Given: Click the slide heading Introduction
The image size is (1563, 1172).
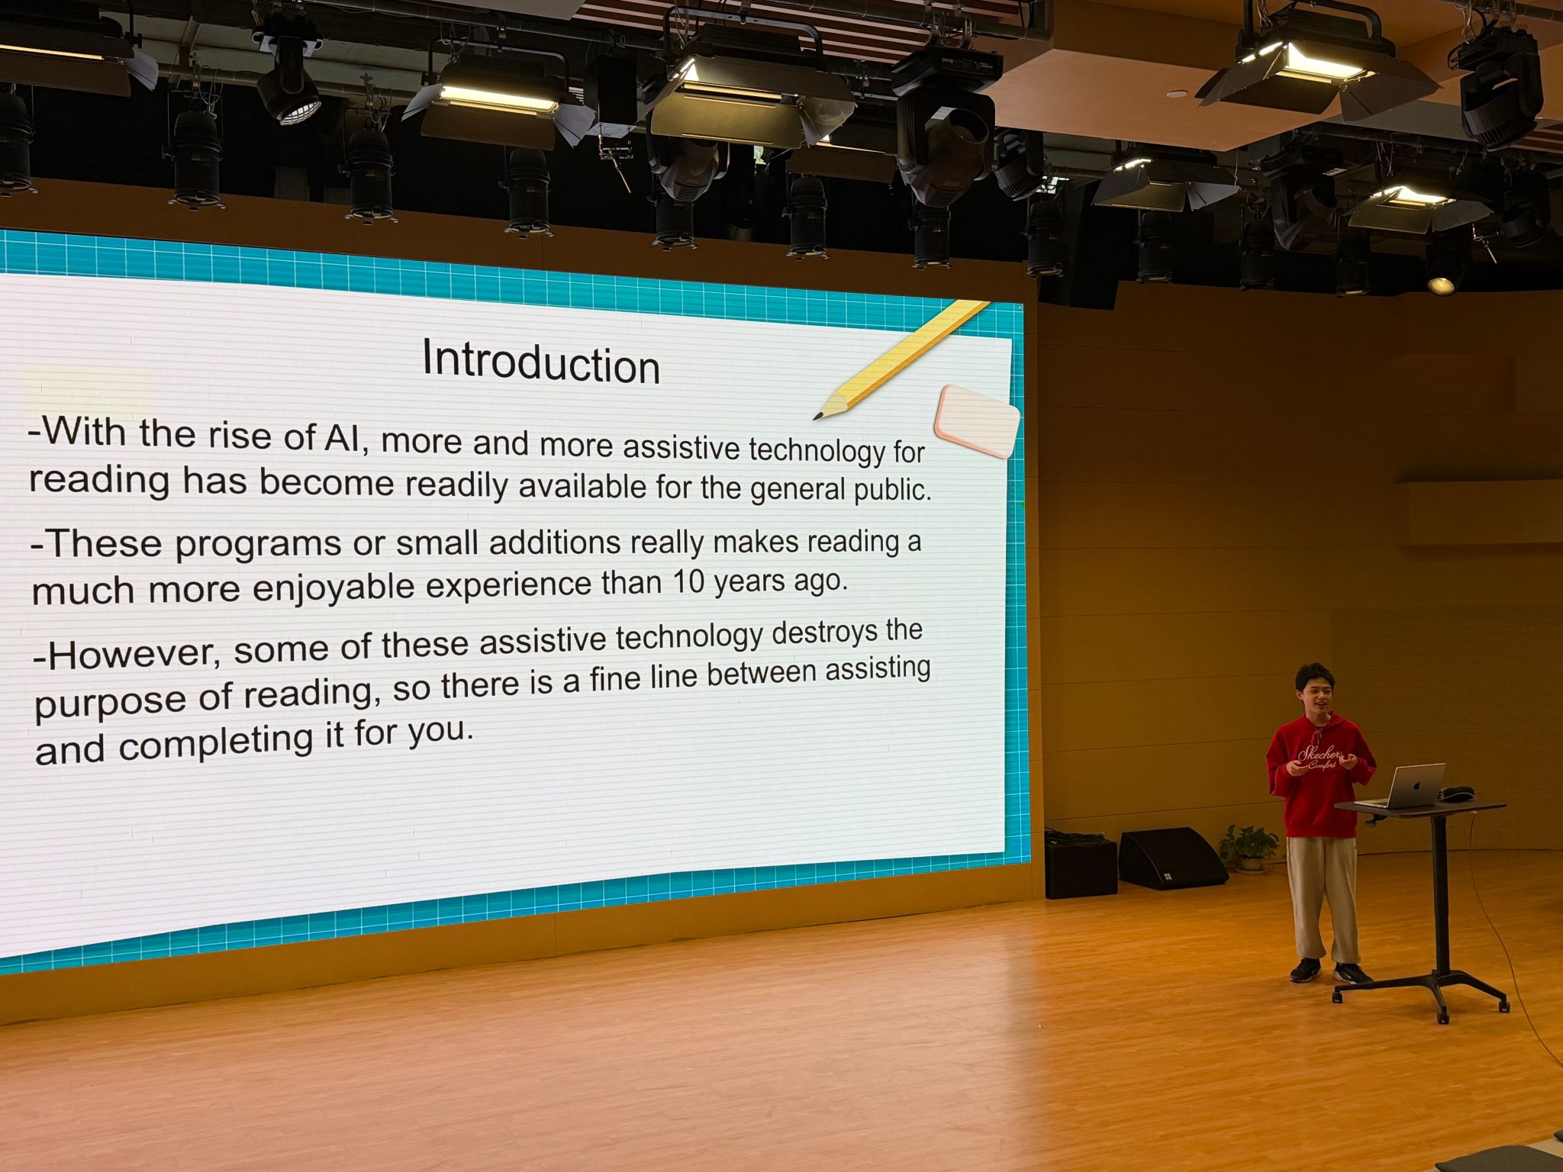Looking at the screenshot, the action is [x=541, y=362].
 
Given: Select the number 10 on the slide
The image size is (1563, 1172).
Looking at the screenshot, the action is [x=688, y=582].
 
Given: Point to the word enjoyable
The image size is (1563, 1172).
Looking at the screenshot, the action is [x=334, y=588].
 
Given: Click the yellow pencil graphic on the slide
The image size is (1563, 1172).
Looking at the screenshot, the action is [x=901, y=359].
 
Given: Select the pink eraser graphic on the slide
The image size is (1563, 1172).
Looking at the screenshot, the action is [x=977, y=421].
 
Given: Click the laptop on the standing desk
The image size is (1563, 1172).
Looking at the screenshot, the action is [x=1403, y=786].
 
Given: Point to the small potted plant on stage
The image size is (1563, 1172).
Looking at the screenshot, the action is [x=1249, y=847].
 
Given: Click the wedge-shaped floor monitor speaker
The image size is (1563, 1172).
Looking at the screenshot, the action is [x=1171, y=858].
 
